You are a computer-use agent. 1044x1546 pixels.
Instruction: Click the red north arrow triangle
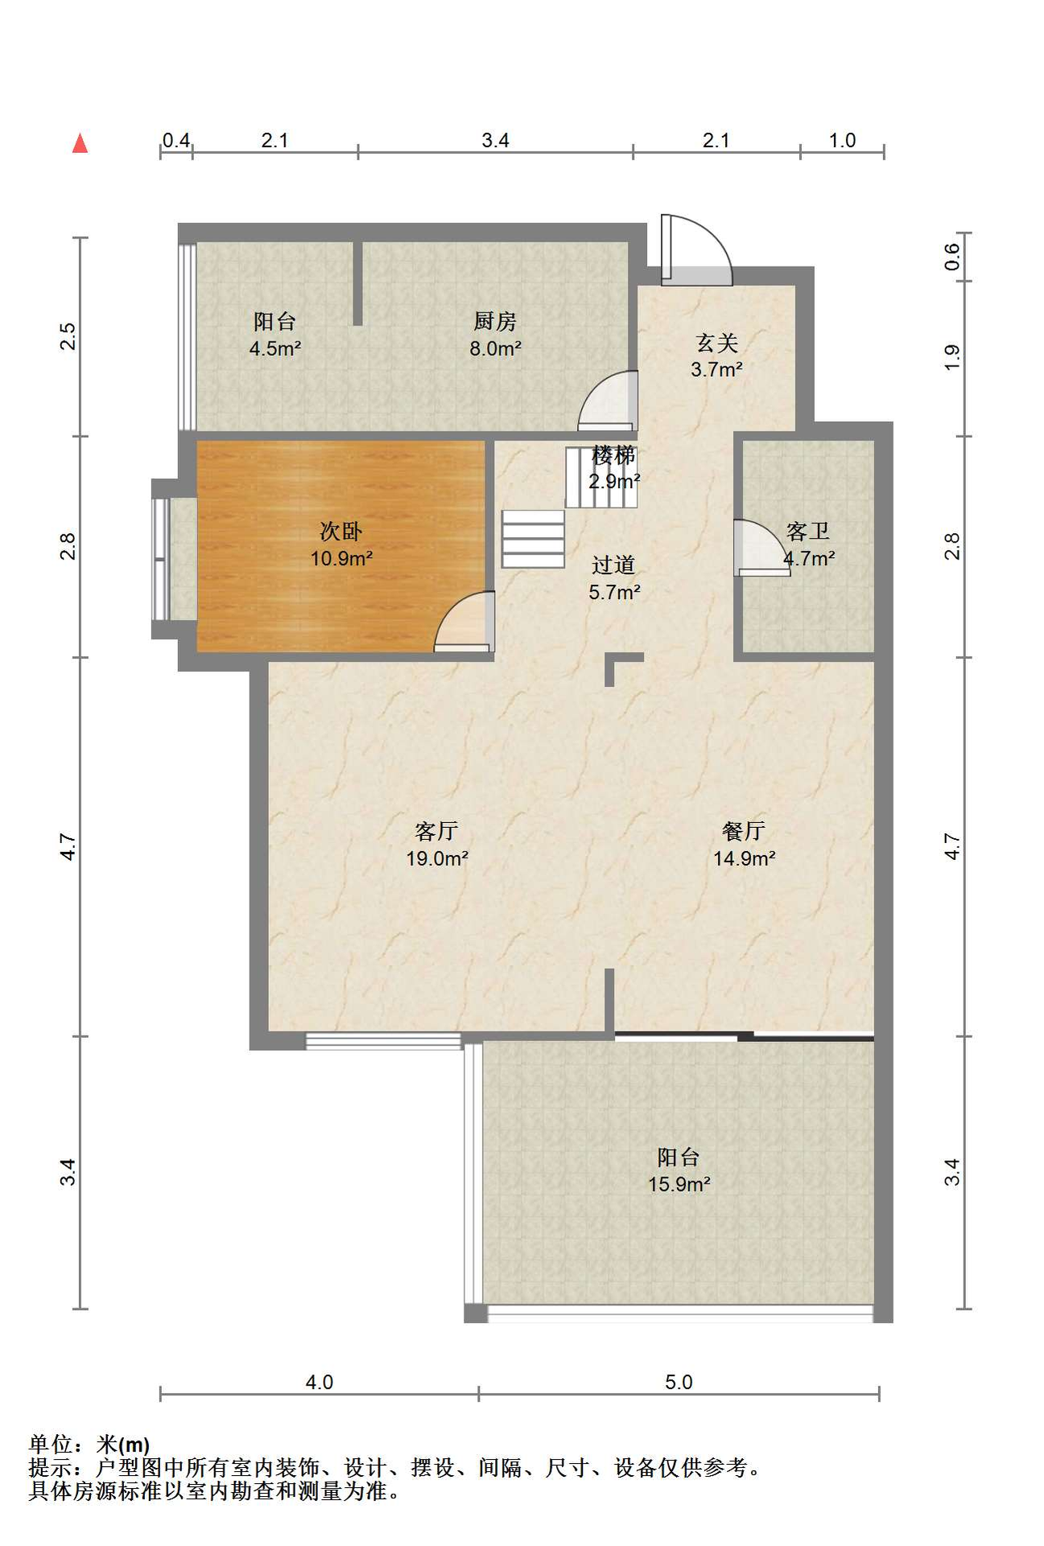coord(80,143)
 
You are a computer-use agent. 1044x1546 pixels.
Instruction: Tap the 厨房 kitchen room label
coord(495,321)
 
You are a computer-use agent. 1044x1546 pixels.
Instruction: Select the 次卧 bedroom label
coord(341,531)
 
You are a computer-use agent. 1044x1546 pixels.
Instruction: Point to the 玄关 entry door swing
coord(697,250)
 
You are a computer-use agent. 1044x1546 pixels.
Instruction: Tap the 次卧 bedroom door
coord(464,622)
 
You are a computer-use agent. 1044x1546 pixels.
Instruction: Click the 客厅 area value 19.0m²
coord(437,858)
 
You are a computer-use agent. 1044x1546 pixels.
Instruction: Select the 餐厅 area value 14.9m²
coord(745,858)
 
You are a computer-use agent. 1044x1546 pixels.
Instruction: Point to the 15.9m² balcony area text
coord(679,1184)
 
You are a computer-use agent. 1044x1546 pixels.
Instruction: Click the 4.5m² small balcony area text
coord(275,349)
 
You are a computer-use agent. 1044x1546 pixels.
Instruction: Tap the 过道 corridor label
coord(614,564)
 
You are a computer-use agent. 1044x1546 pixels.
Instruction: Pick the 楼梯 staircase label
coord(614,455)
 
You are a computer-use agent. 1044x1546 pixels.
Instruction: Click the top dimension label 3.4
coord(495,140)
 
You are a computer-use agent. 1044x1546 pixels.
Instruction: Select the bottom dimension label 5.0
coord(679,1382)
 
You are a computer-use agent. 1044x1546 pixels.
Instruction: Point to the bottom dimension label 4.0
coord(319,1382)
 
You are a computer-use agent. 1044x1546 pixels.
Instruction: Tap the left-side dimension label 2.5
coord(68,336)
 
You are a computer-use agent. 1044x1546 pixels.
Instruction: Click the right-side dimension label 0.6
coord(952,256)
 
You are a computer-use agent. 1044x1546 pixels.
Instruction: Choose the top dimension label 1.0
coord(842,140)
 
